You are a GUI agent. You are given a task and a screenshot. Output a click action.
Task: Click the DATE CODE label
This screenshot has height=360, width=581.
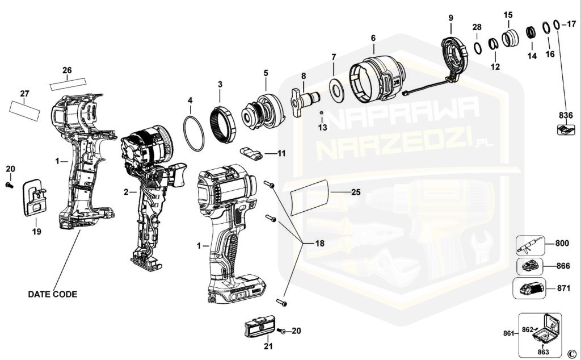(x=53, y=294)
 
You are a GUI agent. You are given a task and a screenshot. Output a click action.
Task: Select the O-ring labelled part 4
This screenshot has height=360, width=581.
(x=194, y=133)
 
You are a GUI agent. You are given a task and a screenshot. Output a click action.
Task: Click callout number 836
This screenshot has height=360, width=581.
(x=566, y=115)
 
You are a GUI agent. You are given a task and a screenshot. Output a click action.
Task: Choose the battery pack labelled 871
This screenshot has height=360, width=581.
(x=529, y=288)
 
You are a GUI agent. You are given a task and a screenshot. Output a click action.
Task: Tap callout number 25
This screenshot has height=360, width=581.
(x=356, y=192)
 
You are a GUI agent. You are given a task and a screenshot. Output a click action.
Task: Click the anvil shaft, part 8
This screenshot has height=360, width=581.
(x=305, y=101)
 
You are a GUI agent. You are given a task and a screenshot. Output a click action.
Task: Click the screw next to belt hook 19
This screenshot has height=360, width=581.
(x=10, y=185)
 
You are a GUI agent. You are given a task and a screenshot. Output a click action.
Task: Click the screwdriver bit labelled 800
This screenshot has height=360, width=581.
(x=531, y=246)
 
